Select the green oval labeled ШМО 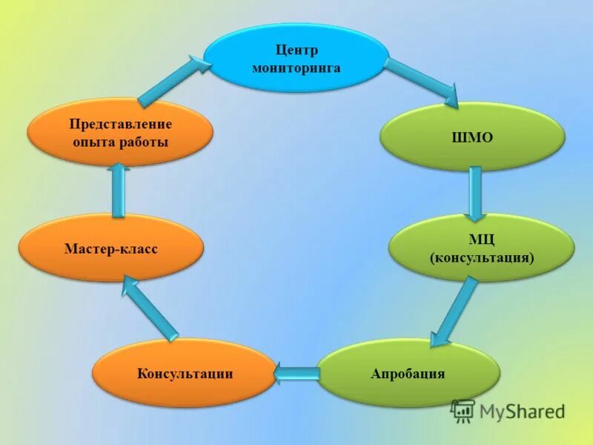click(x=472, y=136)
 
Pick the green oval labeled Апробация click(x=408, y=373)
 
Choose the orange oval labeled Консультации click(x=185, y=373)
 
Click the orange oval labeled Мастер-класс click(x=110, y=248)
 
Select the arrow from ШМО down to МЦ click(x=475, y=192)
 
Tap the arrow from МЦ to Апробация click(x=454, y=310)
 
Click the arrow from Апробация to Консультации click(x=296, y=374)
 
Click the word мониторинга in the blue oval click(x=296, y=67)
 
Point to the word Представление click(x=120, y=123)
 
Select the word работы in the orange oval click(x=145, y=141)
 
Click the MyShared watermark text click(x=522, y=411)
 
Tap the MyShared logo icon click(x=463, y=411)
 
